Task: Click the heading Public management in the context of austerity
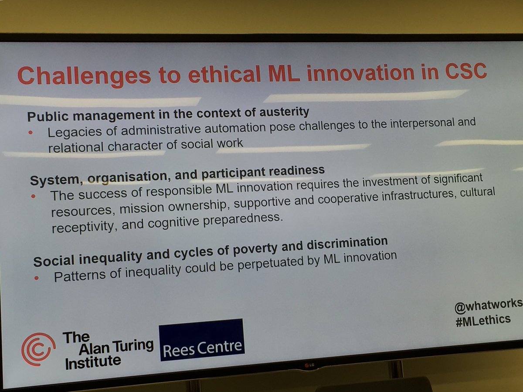click(x=168, y=114)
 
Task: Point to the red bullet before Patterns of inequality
click(x=37, y=278)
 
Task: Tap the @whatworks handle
click(x=488, y=305)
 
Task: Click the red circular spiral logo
click(x=38, y=349)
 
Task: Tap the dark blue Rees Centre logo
click(x=201, y=340)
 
